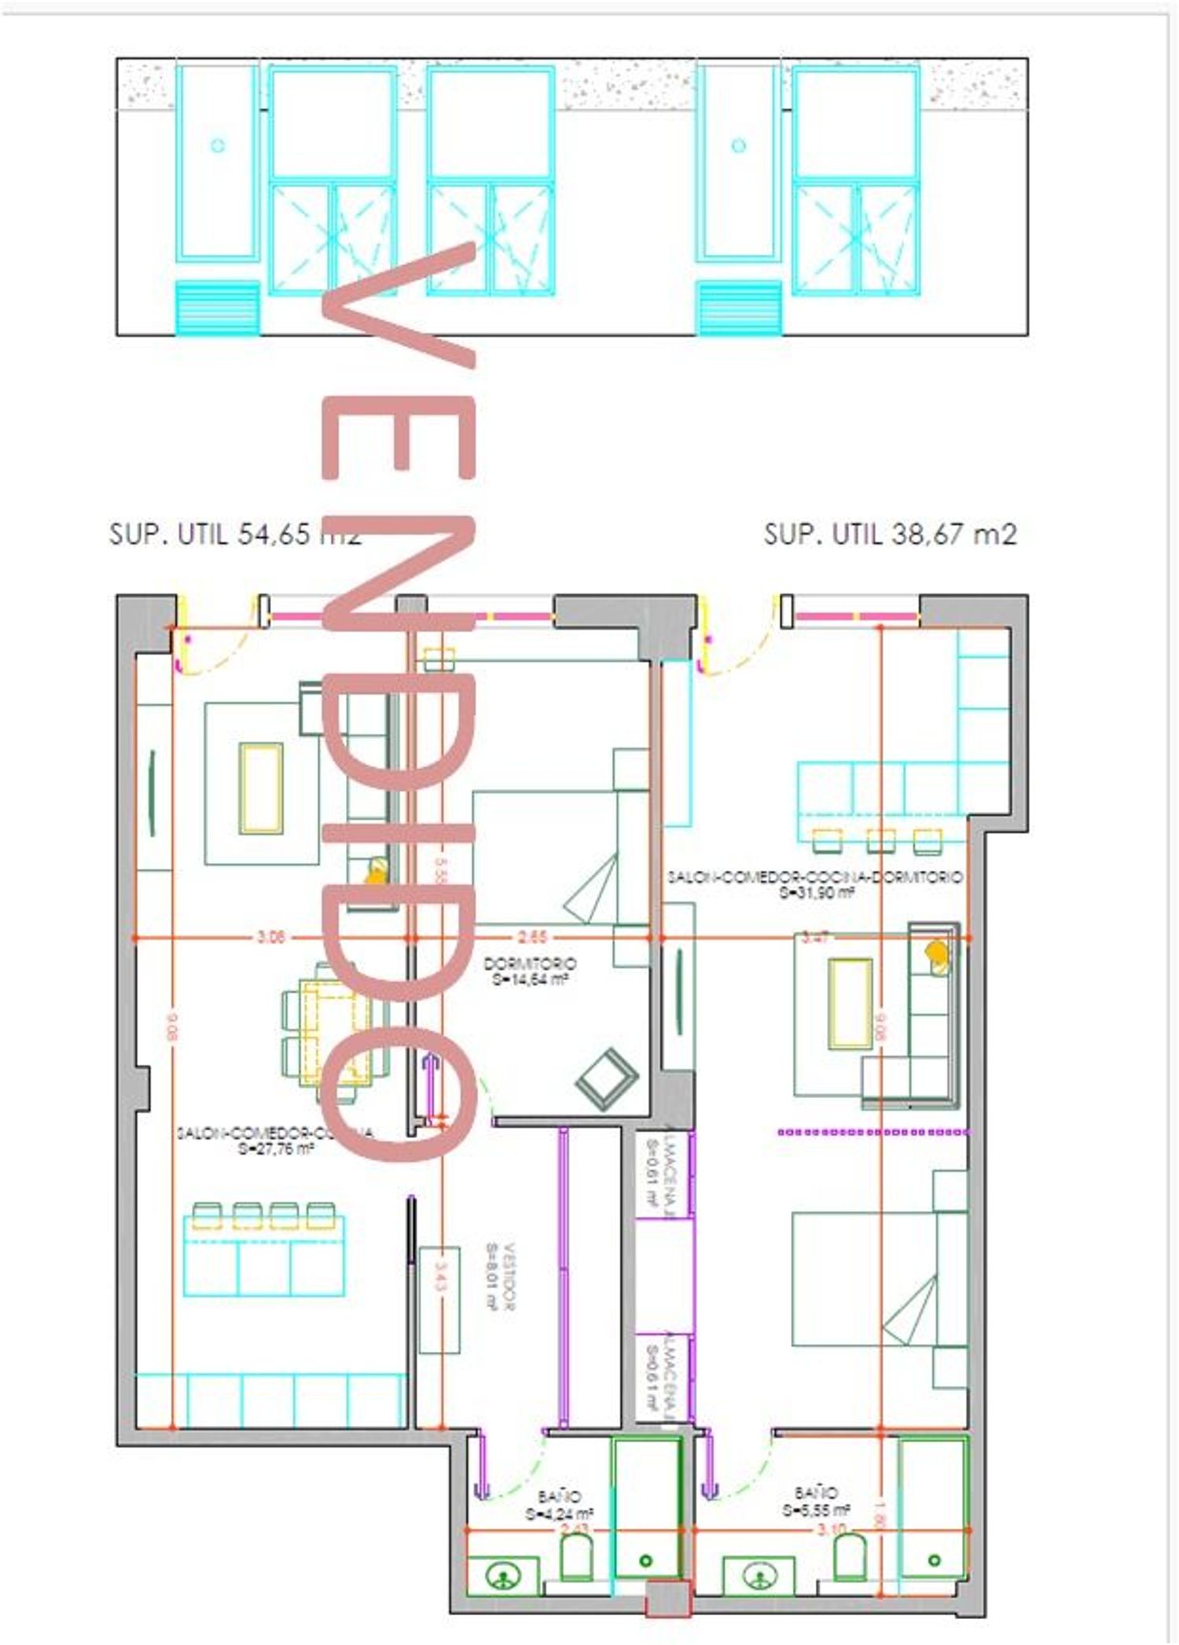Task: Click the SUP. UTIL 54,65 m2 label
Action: click(x=234, y=534)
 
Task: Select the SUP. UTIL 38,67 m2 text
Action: click(x=890, y=534)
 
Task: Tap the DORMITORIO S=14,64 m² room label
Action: click(x=530, y=971)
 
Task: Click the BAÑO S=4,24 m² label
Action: click(x=560, y=1505)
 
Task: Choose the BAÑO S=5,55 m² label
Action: click(x=816, y=1501)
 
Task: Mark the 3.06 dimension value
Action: click(x=271, y=937)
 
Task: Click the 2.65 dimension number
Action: click(x=532, y=937)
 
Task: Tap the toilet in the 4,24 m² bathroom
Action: click(x=576, y=1556)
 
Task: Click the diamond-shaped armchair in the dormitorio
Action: click(x=606, y=1081)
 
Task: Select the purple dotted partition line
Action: click(x=872, y=1133)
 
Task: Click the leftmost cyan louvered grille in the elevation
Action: click(x=217, y=308)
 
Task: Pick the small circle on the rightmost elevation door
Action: click(x=737, y=145)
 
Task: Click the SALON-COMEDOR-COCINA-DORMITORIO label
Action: click(x=815, y=876)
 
